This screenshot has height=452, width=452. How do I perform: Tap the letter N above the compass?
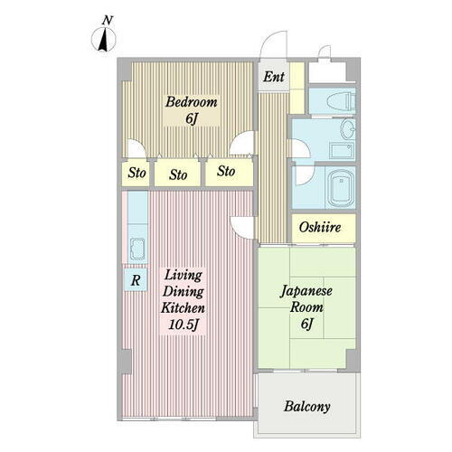(108, 20)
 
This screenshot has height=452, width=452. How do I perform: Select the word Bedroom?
(190, 101)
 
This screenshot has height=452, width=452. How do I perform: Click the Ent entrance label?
(274, 78)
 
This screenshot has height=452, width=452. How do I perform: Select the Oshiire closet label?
(320, 228)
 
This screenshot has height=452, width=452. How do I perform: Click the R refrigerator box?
(135, 280)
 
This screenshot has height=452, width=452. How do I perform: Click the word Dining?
(184, 291)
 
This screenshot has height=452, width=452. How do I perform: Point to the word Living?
(184, 275)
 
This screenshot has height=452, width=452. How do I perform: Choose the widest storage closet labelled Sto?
(178, 174)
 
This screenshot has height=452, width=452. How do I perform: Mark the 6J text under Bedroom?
(192, 118)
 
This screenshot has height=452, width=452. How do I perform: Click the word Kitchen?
(184, 307)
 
